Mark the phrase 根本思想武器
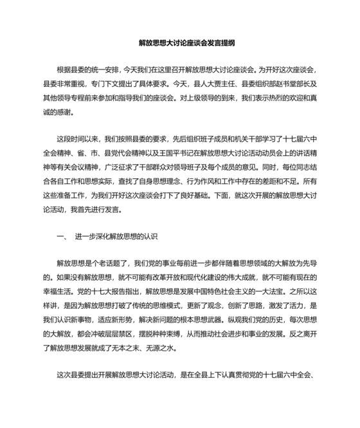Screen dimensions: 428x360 coord(215,321)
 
